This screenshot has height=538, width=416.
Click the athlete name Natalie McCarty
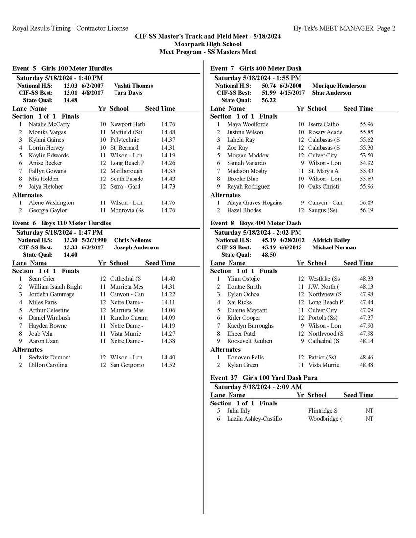coord(49,124)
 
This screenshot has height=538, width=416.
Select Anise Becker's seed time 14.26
coord(168,163)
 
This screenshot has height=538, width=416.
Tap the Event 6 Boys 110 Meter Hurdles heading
coord(62,223)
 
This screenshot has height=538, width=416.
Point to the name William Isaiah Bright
coord(55,287)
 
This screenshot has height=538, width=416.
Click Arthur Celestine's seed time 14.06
coord(168,310)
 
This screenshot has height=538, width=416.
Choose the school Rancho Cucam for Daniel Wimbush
coord(128,318)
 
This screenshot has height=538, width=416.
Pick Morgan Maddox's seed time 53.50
coord(366,156)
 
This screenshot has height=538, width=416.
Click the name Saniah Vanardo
coord(246,163)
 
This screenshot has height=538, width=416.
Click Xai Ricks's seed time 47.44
coord(366,302)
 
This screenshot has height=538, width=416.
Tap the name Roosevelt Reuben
coord(249,341)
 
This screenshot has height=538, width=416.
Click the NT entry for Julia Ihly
coord(369,411)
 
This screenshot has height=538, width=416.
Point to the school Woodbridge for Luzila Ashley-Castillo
coord(325,419)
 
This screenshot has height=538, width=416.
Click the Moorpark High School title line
coord(208,44)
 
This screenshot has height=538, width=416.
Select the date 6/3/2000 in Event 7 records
coord(290,86)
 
